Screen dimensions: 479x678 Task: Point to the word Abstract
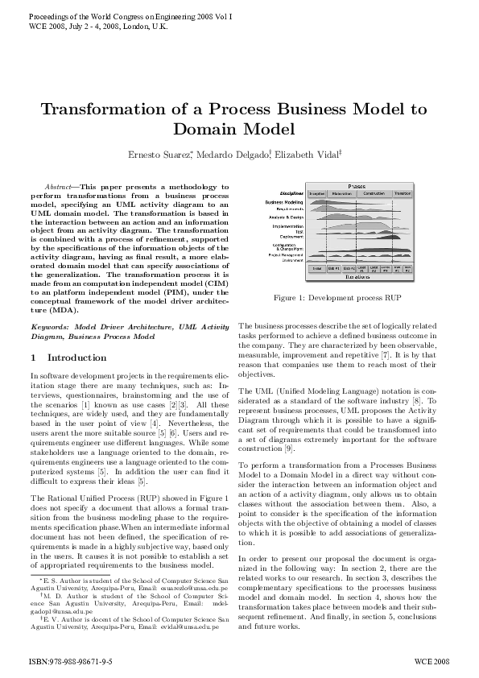pos(58,186)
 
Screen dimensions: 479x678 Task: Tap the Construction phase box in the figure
pos(374,194)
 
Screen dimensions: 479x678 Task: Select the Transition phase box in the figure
pos(402,194)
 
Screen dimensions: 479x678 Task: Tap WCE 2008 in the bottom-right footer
pos(433,659)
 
